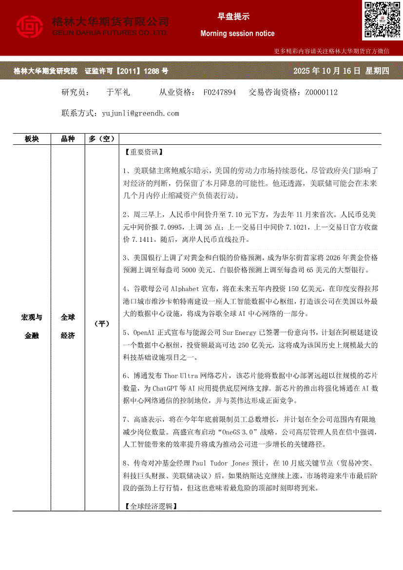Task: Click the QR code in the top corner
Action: (x=381, y=20)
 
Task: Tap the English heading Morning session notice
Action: (x=237, y=34)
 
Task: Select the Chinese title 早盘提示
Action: (x=233, y=17)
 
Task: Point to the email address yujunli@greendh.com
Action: (x=140, y=113)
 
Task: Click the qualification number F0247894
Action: (x=220, y=92)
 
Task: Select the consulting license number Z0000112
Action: (x=322, y=92)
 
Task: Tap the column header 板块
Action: (x=32, y=139)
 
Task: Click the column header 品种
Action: (x=68, y=139)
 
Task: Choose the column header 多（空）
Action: (x=101, y=139)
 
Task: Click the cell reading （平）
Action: (x=101, y=324)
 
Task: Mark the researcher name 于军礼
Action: (x=117, y=92)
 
